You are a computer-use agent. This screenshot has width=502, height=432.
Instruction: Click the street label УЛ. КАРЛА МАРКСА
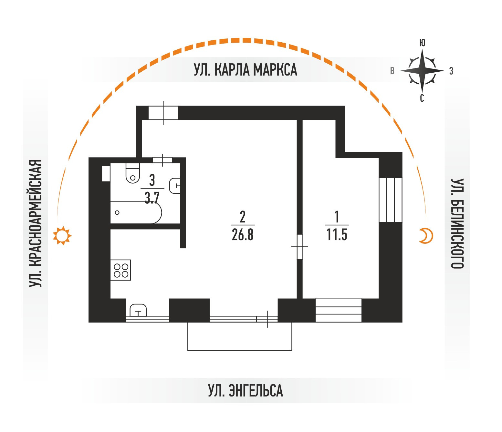(x=245, y=70)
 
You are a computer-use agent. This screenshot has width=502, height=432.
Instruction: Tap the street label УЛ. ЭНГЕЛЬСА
(x=245, y=390)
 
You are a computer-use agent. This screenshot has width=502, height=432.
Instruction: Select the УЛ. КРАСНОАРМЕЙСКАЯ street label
(x=36, y=223)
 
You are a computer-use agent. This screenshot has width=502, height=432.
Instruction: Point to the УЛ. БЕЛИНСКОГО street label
(x=457, y=223)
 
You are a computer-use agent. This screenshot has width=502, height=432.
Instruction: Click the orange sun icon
(x=62, y=236)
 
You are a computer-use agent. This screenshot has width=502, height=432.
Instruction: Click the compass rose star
(x=422, y=70)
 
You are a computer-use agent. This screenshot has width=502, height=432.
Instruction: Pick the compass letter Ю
(x=422, y=43)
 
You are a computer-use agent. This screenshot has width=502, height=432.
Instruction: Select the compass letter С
(x=422, y=98)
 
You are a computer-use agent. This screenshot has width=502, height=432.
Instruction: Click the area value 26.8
(x=243, y=235)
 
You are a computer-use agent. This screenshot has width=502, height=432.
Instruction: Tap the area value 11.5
(x=337, y=235)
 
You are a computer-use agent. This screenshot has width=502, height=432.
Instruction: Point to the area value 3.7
(x=152, y=198)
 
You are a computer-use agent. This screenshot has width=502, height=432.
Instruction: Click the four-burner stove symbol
(x=120, y=270)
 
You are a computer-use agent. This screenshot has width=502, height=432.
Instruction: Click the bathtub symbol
(x=136, y=212)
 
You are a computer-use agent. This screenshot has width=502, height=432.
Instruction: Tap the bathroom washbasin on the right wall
(x=175, y=186)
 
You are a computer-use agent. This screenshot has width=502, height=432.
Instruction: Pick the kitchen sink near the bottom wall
(x=138, y=310)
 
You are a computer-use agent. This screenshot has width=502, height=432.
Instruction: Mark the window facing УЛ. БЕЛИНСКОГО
(x=390, y=200)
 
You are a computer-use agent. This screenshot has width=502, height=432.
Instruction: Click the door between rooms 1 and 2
(x=299, y=247)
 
